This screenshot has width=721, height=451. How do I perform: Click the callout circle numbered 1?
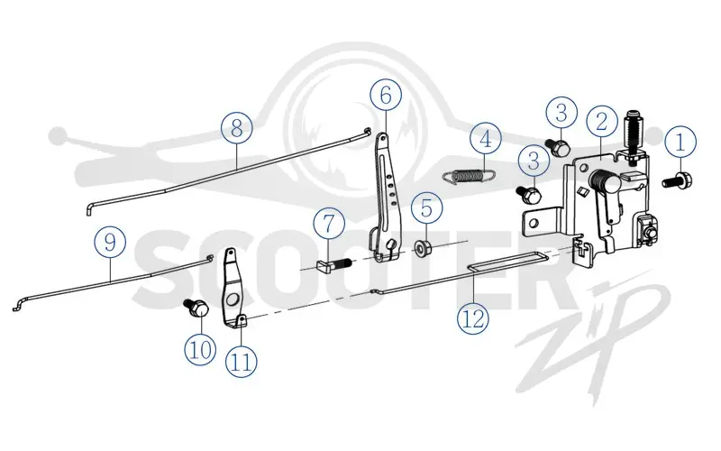(680, 142)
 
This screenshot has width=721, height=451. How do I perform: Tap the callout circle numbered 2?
(602, 122)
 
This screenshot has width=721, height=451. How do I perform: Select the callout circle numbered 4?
(486, 139)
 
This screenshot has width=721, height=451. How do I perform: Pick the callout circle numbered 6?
(386, 96)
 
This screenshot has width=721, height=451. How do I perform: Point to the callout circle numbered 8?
(237, 127)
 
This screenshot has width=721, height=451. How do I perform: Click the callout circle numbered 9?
(110, 242)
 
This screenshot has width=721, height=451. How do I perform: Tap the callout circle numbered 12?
(473, 318)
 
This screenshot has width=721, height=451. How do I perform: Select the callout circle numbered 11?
(242, 363)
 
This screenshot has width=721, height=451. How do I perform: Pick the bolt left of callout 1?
(679, 179)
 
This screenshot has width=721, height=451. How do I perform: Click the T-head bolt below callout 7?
(334, 265)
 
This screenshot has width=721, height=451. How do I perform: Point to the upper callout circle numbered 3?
(561, 113)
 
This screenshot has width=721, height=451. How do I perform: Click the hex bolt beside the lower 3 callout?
(529, 193)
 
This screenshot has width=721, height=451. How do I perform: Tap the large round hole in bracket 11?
(233, 299)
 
